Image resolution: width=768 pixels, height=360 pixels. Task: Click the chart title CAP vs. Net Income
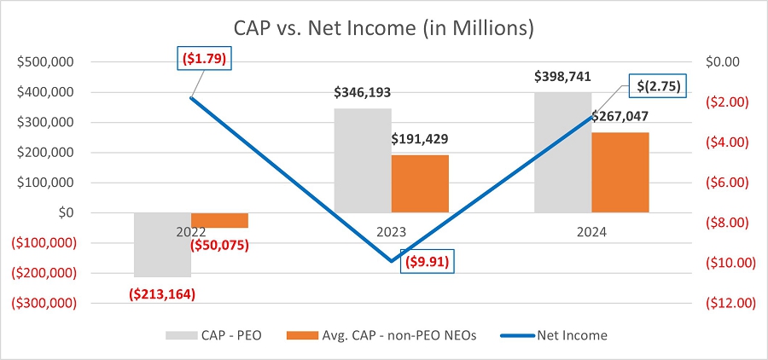click(x=383, y=28)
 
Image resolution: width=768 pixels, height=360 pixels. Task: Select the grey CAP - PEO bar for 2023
click(x=363, y=160)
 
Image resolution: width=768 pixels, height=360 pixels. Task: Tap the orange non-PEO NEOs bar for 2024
click(x=620, y=172)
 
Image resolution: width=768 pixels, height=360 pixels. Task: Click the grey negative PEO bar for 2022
click(x=163, y=245)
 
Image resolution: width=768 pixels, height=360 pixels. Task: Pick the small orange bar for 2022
click(x=220, y=220)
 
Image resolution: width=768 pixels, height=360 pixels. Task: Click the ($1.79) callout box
click(x=204, y=59)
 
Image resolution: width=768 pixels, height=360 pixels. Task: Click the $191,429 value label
click(x=420, y=139)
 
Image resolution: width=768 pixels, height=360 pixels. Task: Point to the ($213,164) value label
click(x=161, y=294)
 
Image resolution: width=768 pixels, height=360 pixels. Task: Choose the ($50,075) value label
click(x=219, y=245)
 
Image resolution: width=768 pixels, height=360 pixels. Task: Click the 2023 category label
click(x=392, y=232)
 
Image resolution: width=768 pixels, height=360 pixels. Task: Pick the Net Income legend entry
click(x=554, y=335)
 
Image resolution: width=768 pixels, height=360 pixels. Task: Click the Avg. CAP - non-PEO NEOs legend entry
click(x=381, y=335)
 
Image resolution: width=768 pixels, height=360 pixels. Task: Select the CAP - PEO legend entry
click(x=214, y=335)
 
